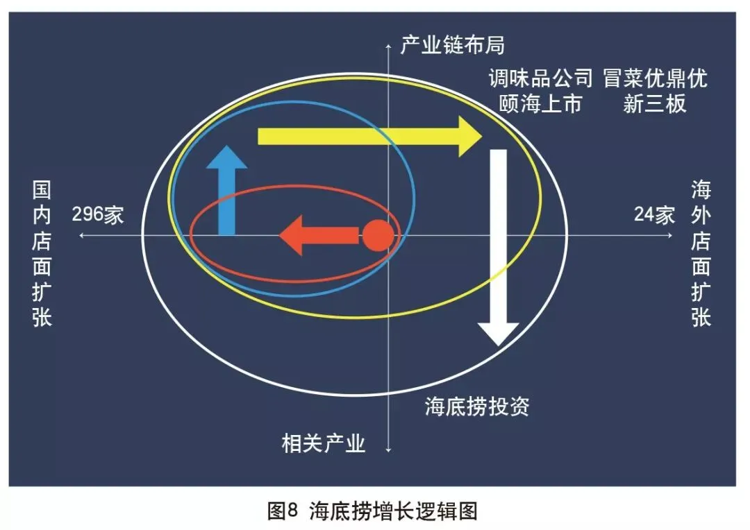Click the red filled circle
point(378,236)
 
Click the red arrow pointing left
point(319,236)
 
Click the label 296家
point(98,214)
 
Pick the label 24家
point(654,214)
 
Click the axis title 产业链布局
point(452,46)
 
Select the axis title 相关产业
point(324,443)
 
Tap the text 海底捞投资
point(477,406)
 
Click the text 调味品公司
point(541,78)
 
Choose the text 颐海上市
point(541,104)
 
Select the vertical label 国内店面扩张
point(42,254)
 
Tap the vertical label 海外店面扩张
point(701,254)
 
